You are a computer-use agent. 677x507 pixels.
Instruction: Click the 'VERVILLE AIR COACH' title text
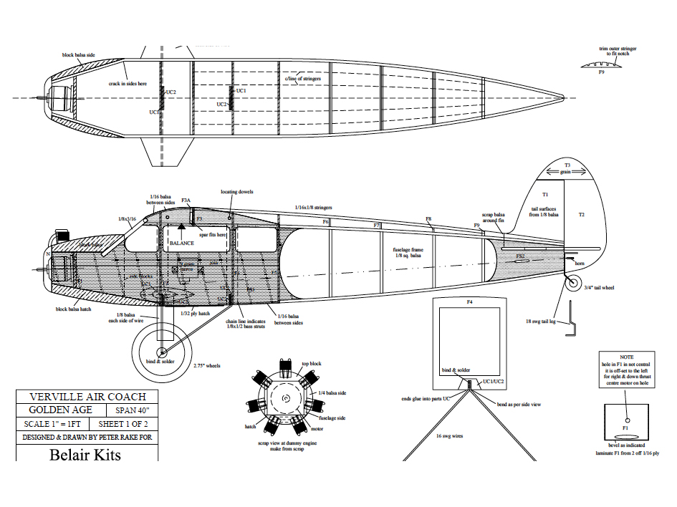[x=87, y=397]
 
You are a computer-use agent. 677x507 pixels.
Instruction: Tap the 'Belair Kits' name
[x=85, y=455]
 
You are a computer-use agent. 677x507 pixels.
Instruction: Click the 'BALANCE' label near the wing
[x=181, y=243]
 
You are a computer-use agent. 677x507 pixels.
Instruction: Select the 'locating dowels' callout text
[x=237, y=192]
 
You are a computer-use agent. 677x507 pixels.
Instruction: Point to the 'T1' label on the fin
[x=544, y=195]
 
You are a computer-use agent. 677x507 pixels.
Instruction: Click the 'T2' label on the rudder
[x=581, y=215]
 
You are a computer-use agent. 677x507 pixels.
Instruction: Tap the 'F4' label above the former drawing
[x=470, y=302]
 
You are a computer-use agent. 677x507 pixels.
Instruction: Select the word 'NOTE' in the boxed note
[x=627, y=357]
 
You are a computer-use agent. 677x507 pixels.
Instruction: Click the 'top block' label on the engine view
[x=311, y=364]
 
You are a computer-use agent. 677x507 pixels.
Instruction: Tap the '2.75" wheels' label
[x=206, y=365]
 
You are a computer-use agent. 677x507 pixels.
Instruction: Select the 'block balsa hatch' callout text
[x=72, y=309]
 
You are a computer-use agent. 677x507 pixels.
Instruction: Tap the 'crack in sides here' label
[x=128, y=83]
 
